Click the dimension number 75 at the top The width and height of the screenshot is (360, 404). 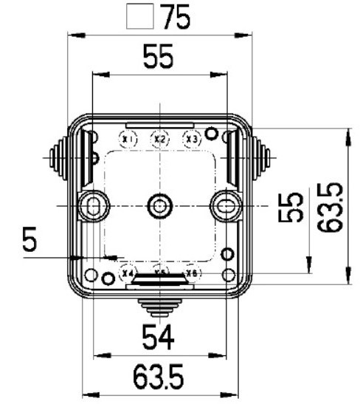click(x=175, y=17)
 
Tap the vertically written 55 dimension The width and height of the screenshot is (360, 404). click(x=294, y=207)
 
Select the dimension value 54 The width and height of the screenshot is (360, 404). click(x=158, y=338)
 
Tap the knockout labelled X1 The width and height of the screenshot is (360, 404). click(x=128, y=139)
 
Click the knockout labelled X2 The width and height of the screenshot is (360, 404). click(x=160, y=139)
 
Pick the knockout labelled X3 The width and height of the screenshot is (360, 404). click(x=192, y=139)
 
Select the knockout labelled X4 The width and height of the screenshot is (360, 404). click(x=128, y=273)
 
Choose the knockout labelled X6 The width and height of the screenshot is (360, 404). click(x=192, y=273)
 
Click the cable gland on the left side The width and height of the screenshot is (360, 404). click(x=58, y=157)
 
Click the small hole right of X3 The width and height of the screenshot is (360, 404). click(x=212, y=134)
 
